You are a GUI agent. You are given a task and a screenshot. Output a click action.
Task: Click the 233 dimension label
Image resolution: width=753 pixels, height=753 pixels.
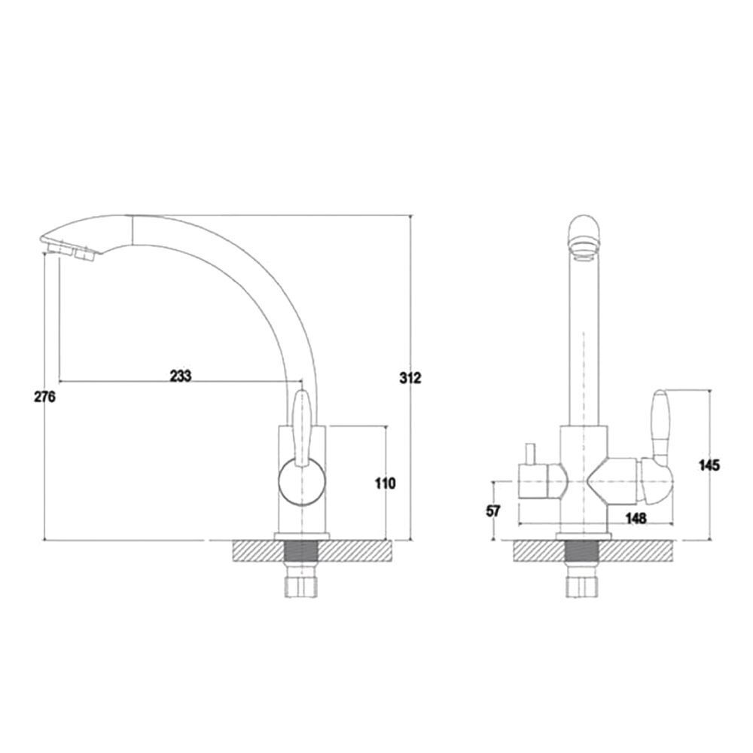(x=181, y=376)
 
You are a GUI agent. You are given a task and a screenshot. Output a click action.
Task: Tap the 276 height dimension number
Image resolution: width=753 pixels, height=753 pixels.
(x=44, y=397)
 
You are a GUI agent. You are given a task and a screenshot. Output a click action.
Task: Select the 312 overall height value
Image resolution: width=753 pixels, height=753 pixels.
(x=410, y=378)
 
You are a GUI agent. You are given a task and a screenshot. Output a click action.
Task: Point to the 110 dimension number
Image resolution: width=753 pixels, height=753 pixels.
(x=385, y=483)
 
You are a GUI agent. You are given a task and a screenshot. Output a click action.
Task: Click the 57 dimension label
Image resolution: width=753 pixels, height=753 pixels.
(x=492, y=511)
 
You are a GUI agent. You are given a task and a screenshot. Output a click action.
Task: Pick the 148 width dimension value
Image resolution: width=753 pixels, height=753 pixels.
(x=636, y=518)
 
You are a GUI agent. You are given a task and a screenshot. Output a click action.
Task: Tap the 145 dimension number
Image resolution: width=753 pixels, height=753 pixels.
(x=709, y=465)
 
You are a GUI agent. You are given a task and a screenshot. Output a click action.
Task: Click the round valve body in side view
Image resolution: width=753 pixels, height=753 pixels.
(x=302, y=482)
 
